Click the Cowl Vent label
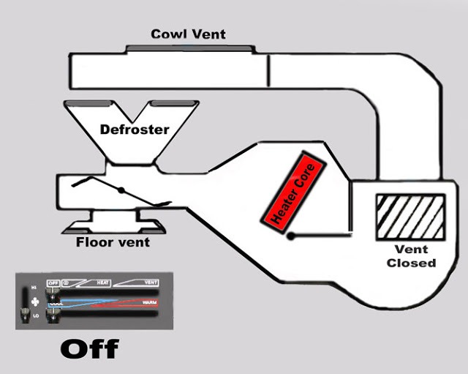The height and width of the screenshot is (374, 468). click(x=188, y=34)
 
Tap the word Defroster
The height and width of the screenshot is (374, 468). click(x=135, y=130)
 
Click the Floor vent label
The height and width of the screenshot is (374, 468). click(x=113, y=242)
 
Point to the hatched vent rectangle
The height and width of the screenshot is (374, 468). click(x=409, y=217)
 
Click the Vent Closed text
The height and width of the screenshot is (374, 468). click(x=411, y=256)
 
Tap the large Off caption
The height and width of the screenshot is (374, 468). click(x=88, y=349)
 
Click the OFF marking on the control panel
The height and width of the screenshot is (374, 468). click(x=52, y=283)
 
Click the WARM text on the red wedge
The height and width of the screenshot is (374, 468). click(x=148, y=302)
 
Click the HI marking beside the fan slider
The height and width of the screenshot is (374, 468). click(x=35, y=288)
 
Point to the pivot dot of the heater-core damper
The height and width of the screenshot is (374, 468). click(x=291, y=236)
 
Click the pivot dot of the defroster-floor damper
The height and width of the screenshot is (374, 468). click(x=121, y=192)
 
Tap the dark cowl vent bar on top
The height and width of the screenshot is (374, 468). click(x=192, y=49)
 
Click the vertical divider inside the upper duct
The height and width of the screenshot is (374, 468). click(x=268, y=70)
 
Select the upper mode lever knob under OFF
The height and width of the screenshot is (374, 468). click(x=53, y=295)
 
